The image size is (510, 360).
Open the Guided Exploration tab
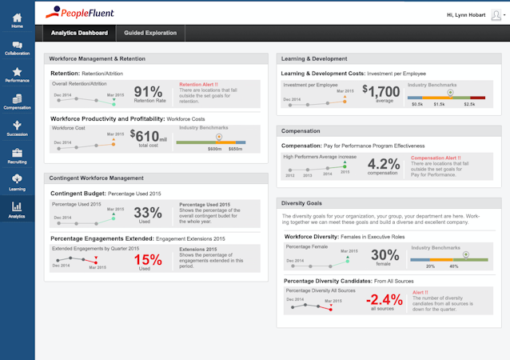(x=151, y=33)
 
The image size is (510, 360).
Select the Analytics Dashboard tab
(x=79, y=33)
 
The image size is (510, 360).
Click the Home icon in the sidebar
(x=17, y=19)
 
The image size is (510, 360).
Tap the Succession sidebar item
(x=17, y=129)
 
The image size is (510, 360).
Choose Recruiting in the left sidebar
(x=17, y=156)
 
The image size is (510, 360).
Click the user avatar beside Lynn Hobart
(x=493, y=14)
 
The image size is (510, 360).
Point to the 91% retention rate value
(x=148, y=92)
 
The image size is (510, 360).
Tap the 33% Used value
(x=148, y=213)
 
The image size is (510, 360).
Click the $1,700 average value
(x=381, y=92)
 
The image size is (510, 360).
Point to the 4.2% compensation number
(x=382, y=164)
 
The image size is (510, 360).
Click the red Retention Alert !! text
(x=199, y=83)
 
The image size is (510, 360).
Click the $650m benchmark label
(x=235, y=150)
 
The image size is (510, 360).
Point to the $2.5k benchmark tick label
(x=469, y=104)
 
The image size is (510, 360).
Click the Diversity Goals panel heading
(x=301, y=203)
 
